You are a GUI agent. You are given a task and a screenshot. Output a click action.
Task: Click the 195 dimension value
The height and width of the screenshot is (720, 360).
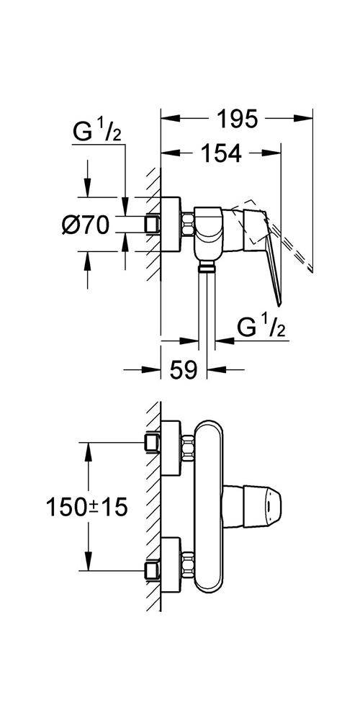(237, 120)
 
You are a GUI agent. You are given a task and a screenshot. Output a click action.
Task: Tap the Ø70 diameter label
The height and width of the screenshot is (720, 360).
(86, 225)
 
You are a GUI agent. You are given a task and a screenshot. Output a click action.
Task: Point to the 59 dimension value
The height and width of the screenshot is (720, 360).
(183, 369)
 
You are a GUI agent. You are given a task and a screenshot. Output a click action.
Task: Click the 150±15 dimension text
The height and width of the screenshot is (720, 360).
(86, 508)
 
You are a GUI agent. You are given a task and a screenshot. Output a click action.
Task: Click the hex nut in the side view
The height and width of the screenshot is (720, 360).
(188, 224)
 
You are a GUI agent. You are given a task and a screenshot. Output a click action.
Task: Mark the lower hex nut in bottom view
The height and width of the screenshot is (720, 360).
(188, 564)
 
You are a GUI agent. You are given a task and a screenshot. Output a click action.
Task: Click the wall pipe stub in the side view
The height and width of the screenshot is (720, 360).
(153, 225)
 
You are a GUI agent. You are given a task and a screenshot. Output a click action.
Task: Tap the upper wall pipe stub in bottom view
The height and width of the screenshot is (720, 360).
(153, 443)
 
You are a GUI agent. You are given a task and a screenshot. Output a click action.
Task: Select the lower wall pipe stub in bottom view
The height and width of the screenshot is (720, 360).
(153, 570)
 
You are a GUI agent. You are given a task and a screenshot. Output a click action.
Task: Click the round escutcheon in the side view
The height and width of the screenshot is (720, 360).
(171, 224)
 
